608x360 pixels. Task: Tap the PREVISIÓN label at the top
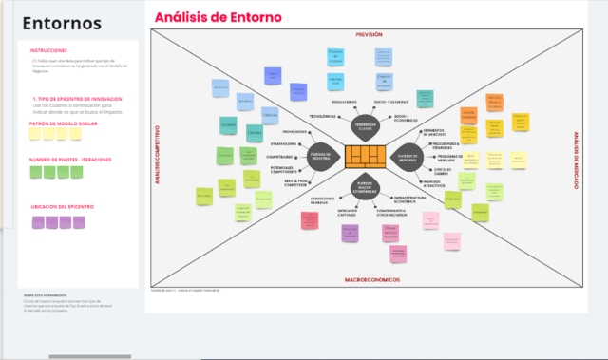pyautogui.click(x=369, y=34)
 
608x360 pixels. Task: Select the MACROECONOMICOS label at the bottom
pyautogui.click(x=371, y=280)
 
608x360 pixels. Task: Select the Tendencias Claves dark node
pyautogui.click(x=366, y=126)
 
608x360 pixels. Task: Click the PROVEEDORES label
pyautogui.click(x=294, y=131)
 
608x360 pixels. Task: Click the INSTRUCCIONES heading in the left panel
pyautogui.click(x=48, y=50)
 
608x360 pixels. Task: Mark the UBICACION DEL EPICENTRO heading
pyautogui.click(x=63, y=206)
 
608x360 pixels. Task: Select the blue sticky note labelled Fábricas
pyautogui.click(x=269, y=112)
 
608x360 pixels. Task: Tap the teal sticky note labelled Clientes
pyautogui.click(x=228, y=124)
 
